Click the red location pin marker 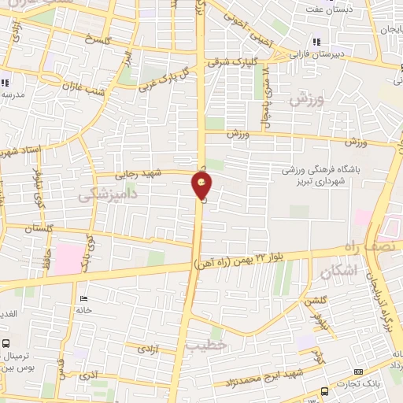click(x=201, y=187)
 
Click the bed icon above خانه click(x=83, y=298)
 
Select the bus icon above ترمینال click(x=6, y=343)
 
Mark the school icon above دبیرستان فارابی click(x=316, y=42)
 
